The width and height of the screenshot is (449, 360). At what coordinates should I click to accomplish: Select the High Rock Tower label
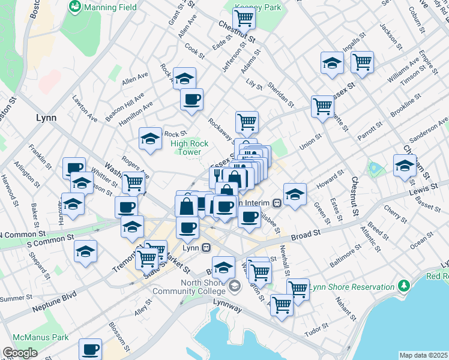tap(190, 148)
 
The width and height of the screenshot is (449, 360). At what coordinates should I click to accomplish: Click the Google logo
tap(20, 353)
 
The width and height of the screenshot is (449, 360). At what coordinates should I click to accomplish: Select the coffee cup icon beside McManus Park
tap(91, 348)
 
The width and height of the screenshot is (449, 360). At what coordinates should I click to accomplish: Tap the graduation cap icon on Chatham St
tap(405, 165)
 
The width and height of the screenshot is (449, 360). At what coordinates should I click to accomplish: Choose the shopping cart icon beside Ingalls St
tap(362, 61)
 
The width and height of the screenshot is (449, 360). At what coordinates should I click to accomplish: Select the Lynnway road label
tap(227, 308)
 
